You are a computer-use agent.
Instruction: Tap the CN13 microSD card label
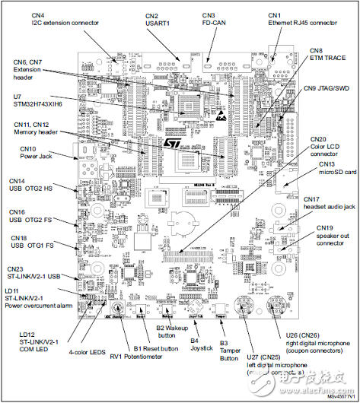click(337, 168)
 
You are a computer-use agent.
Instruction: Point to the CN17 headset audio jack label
click(333, 203)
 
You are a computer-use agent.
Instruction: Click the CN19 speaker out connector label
click(333, 232)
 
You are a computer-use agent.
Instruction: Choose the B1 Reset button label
click(156, 348)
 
